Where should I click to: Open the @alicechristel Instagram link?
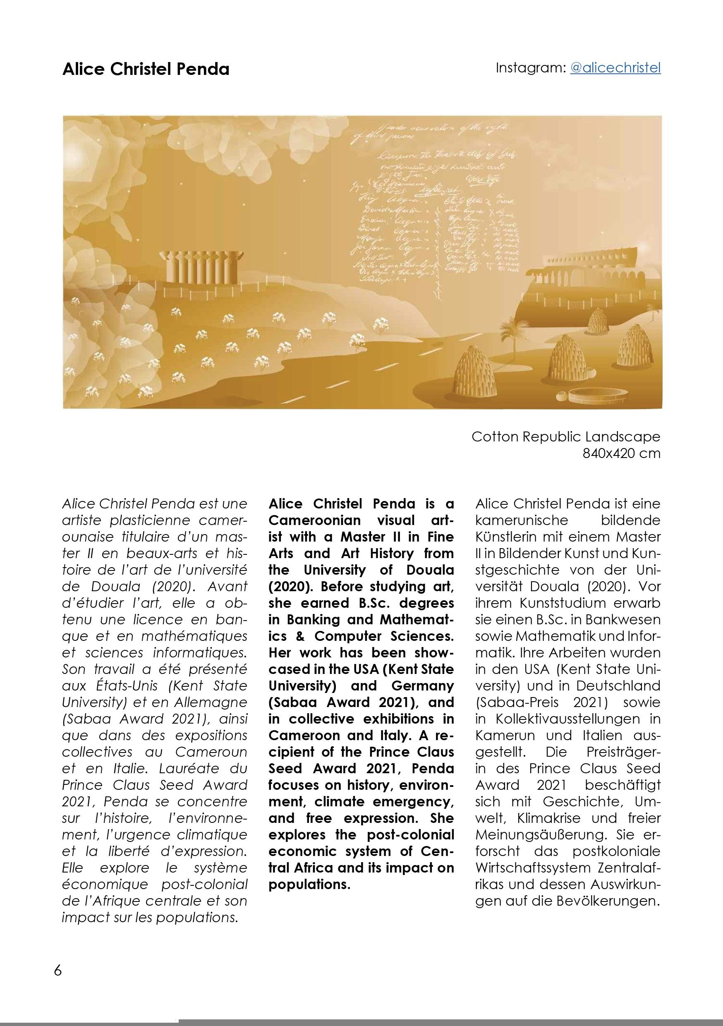pos(615,67)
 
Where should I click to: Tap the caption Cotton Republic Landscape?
pos(565,436)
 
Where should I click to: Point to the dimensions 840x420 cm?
pos(621,453)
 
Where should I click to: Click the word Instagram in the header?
pos(530,68)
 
